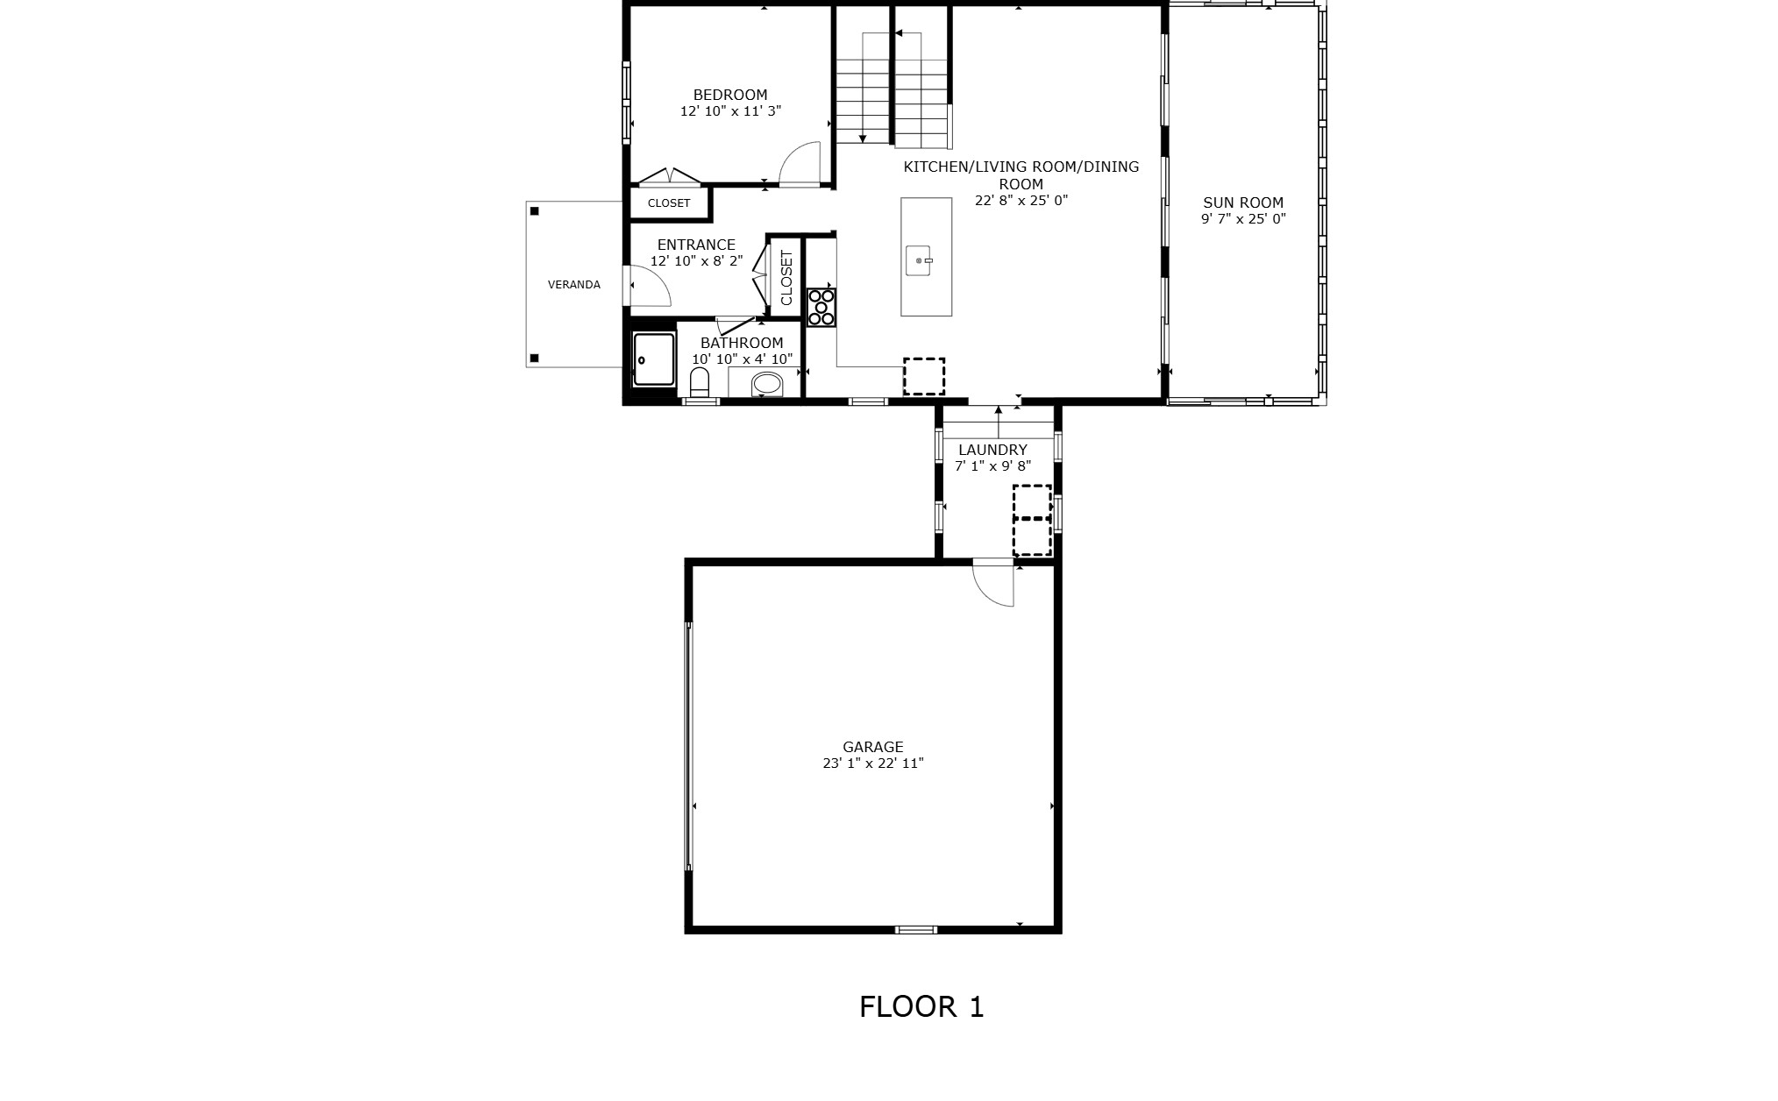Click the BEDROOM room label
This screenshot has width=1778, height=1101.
pyautogui.click(x=729, y=95)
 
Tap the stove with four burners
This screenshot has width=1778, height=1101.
pyautogui.click(x=821, y=308)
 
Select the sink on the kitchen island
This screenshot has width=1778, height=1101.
pyautogui.click(x=920, y=260)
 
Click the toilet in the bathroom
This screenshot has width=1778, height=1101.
pyautogui.click(x=699, y=382)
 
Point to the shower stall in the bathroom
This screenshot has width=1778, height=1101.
pyautogui.click(x=654, y=359)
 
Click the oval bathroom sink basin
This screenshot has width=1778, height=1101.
pyautogui.click(x=767, y=383)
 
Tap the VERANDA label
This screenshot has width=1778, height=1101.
pyautogui.click(x=574, y=285)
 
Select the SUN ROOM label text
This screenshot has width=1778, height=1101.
pyautogui.click(x=1242, y=202)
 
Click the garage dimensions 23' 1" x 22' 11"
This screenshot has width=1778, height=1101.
pyautogui.click(x=872, y=764)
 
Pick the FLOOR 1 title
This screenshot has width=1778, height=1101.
pyautogui.click(x=921, y=1006)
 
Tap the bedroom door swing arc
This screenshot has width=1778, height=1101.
pyautogui.click(x=799, y=163)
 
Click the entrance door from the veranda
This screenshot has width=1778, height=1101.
pyautogui.click(x=649, y=286)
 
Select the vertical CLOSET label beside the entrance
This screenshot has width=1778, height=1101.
pyautogui.click(x=786, y=278)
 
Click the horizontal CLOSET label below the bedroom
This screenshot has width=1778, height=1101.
pyautogui.click(x=669, y=203)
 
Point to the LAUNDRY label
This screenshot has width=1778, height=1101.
pyautogui.click(x=992, y=450)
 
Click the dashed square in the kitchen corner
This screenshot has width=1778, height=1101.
pyautogui.click(x=924, y=377)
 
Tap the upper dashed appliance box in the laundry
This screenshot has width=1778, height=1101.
pyautogui.click(x=1032, y=501)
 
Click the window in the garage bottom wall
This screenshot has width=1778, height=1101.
pyautogui.click(x=915, y=929)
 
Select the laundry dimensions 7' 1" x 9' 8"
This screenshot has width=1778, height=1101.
pyautogui.click(x=992, y=466)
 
